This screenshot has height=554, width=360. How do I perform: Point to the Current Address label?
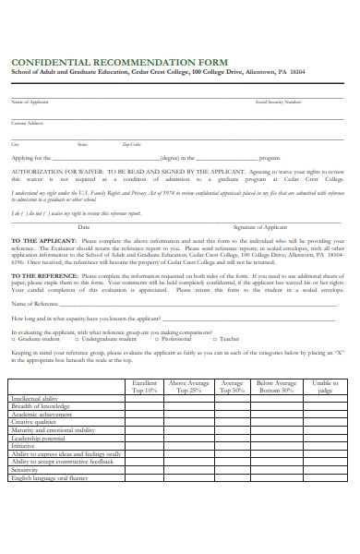(x=27, y=122)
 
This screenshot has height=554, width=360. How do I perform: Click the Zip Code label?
(x=132, y=144)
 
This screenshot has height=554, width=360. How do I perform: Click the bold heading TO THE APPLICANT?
(x=42, y=240)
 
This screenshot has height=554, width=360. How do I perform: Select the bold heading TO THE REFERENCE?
(x=42, y=275)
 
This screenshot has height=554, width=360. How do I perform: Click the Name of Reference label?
(x=34, y=303)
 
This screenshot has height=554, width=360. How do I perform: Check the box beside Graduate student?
(x=14, y=339)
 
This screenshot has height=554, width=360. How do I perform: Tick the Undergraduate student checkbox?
(x=78, y=339)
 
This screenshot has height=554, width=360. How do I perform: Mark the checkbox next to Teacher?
(x=215, y=339)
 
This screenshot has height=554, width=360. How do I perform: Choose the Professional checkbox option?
(x=158, y=339)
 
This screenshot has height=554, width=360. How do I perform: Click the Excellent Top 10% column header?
(x=144, y=386)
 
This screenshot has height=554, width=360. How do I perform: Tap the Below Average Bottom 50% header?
(x=276, y=386)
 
